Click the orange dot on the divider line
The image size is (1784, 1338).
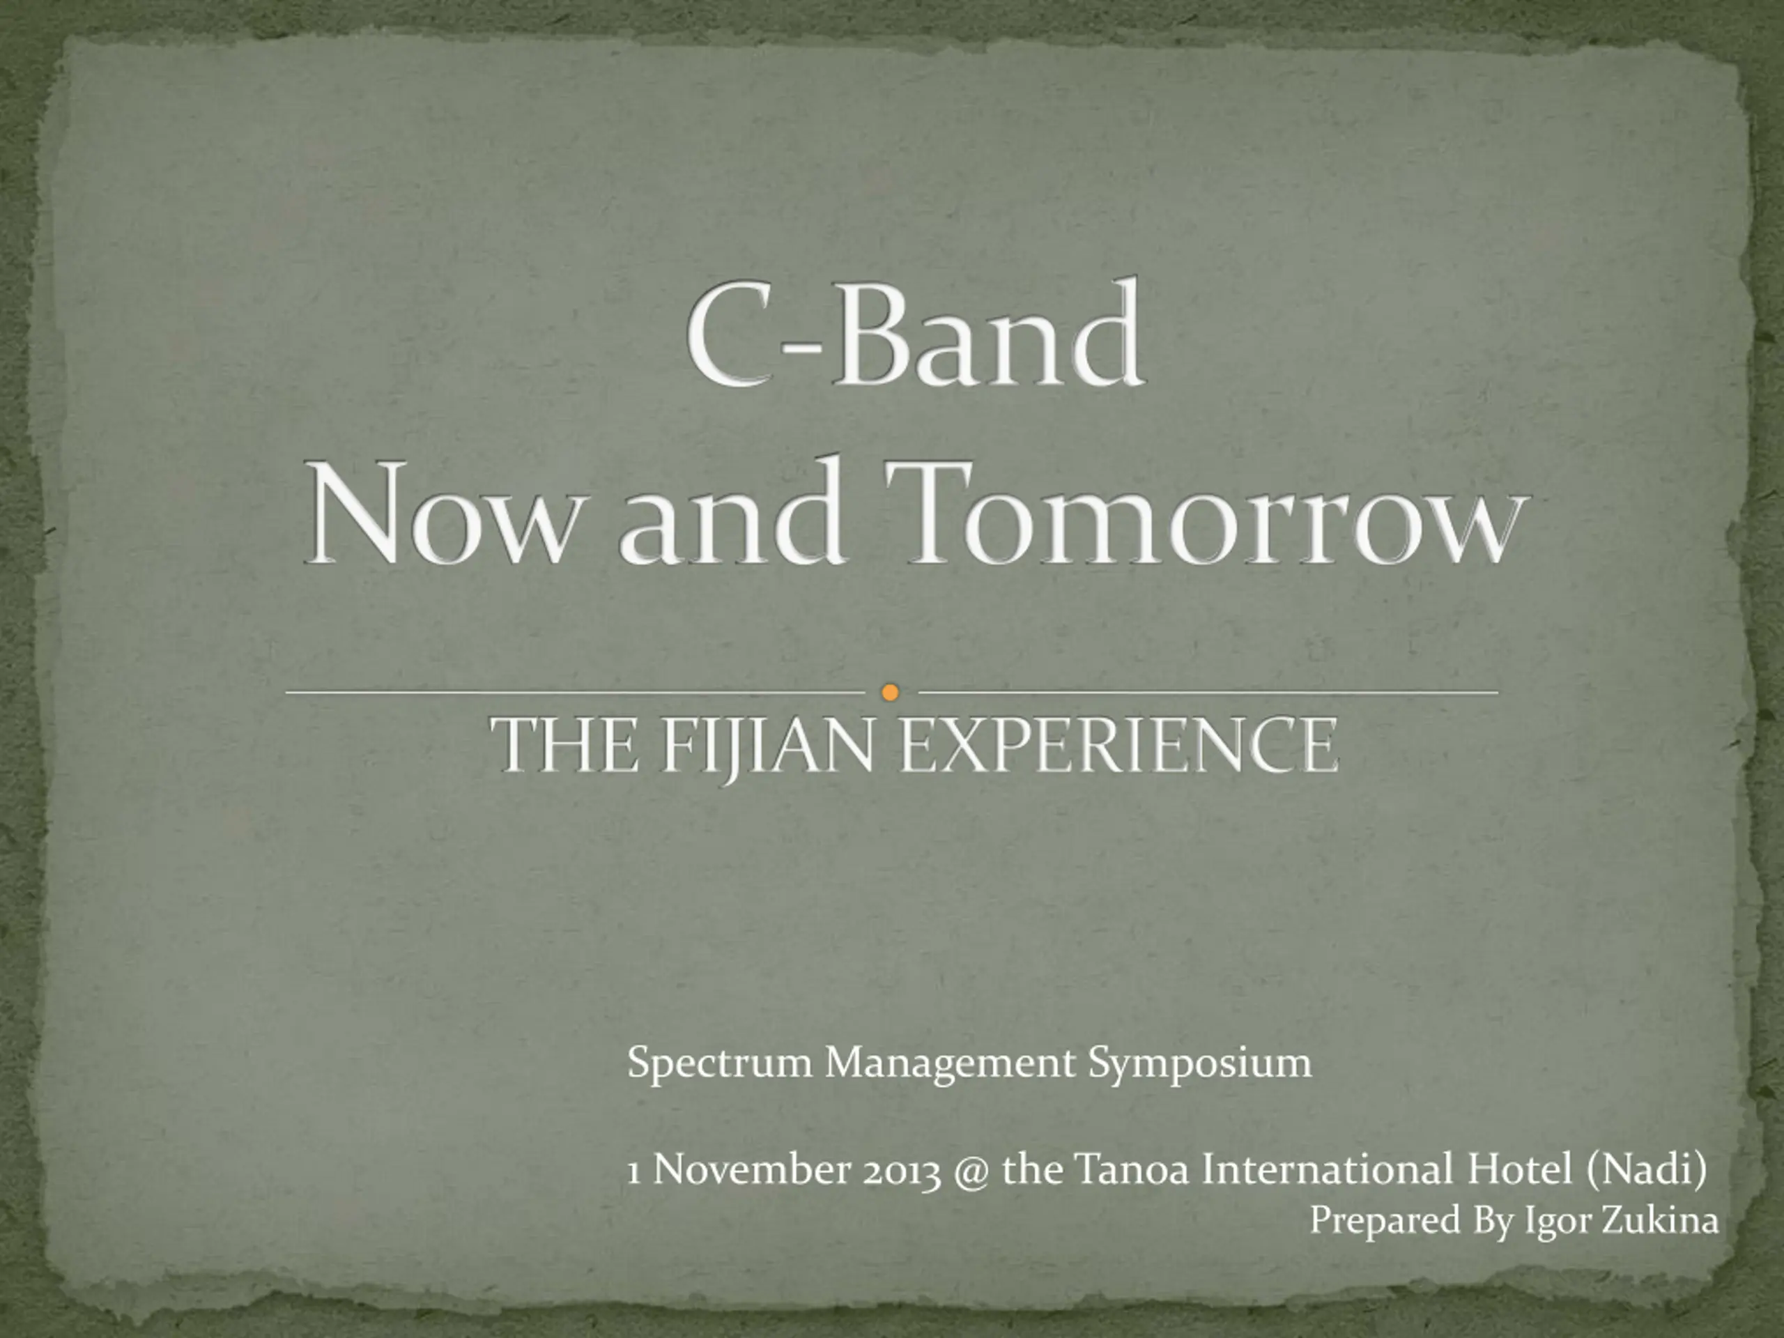[891, 692]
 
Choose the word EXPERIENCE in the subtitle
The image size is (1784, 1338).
[1118, 746]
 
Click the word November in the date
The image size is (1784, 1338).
[751, 1169]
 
